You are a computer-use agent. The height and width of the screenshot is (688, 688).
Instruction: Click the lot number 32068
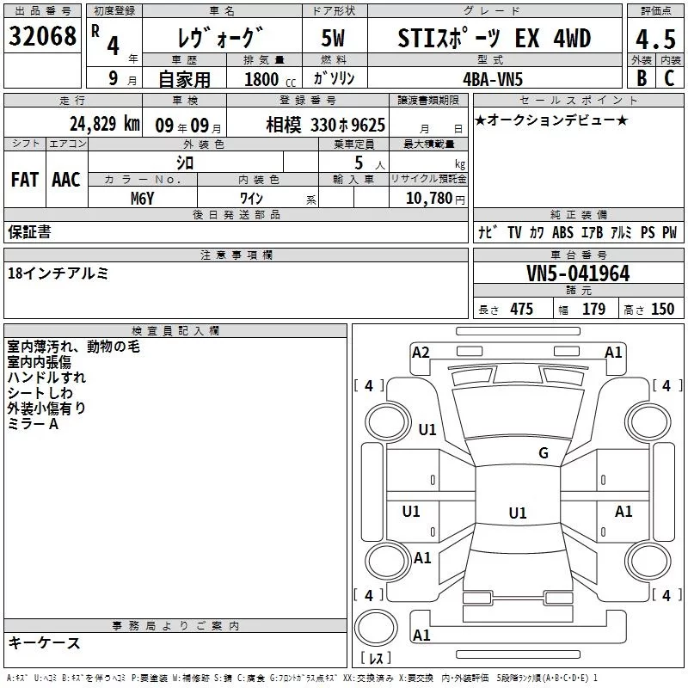coord(42,37)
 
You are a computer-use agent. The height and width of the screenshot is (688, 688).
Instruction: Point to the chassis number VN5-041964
coord(578,274)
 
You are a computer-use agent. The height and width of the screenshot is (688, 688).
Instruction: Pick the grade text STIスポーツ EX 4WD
coord(494,38)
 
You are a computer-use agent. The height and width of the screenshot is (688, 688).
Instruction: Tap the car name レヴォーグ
coord(219,39)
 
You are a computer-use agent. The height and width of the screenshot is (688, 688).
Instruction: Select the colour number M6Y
coord(142,199)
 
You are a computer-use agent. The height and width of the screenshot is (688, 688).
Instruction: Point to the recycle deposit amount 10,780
coord(427,199)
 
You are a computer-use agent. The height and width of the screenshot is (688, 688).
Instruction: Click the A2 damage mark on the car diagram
coord(421,352)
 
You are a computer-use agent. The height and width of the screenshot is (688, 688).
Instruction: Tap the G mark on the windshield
coord(543,453)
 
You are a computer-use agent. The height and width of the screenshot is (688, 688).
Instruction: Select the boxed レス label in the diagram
coord(376,658)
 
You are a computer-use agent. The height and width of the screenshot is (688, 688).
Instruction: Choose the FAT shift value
coord(24,179)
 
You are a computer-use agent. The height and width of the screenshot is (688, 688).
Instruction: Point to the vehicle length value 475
coord(521,310)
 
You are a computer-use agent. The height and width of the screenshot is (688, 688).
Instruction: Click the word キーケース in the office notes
coord(44,642)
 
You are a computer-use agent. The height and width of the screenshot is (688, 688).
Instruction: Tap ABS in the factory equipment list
coord(562,232)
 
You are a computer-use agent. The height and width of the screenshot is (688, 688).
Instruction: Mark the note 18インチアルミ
coord(58,273)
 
